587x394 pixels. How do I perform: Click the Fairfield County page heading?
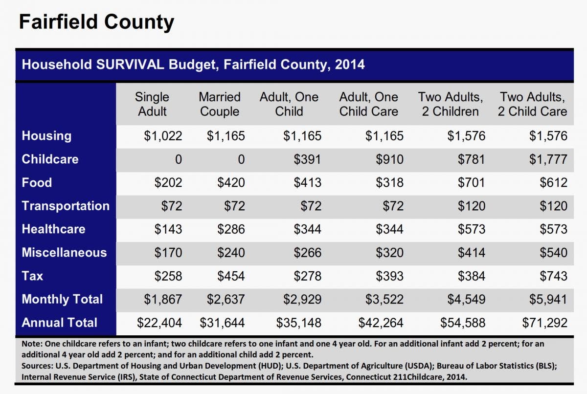[96, 22]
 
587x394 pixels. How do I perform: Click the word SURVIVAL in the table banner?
[130, 65]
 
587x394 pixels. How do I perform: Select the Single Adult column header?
[152, 104]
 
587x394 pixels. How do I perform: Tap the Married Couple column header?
[220, 104]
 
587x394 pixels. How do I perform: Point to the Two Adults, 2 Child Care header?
[533, 104]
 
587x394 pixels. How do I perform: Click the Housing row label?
[46, 136]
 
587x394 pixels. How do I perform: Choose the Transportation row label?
[66, 206]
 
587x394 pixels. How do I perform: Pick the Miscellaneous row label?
[64, 252]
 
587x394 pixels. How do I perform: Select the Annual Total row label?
[60, 323]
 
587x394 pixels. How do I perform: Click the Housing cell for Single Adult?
[163, 136]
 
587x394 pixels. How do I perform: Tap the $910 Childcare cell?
[390, 159]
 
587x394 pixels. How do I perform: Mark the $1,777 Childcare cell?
[548, 159]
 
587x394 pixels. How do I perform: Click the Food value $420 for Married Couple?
[231, 182]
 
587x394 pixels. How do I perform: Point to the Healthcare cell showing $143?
[168, 229]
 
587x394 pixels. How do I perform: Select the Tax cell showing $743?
[553, 276]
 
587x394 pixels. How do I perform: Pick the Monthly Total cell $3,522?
[384, 299]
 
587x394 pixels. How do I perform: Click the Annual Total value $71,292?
[545, 323]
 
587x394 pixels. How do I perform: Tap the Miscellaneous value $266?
[307, 252]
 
